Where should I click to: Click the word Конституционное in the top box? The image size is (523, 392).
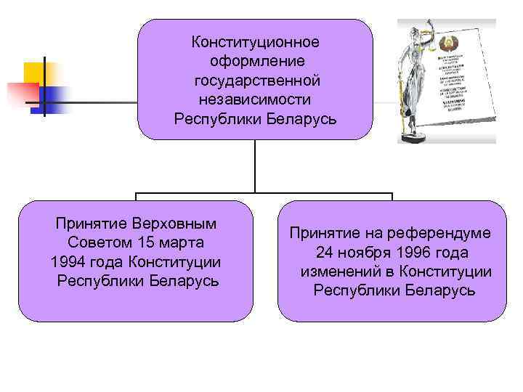tap(255, 43)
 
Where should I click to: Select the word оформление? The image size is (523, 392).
tap(255, 62)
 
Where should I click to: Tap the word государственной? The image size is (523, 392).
tap(255, 81)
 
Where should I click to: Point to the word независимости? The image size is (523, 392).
tap(255, 99)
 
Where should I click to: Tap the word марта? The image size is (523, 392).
tap(179, 242)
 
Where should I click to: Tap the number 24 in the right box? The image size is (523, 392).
tap(324, 253)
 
